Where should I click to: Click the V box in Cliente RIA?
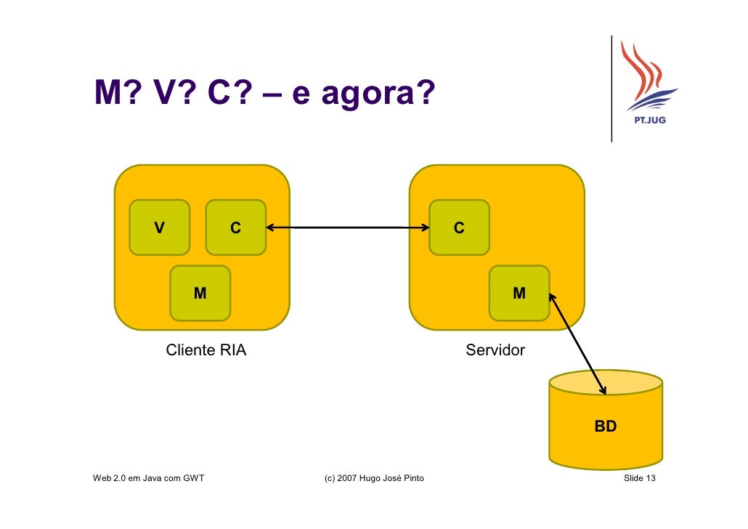point(159,227)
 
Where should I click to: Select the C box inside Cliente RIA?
point(235,227)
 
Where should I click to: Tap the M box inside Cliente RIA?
point(200,293)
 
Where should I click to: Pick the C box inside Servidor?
point(459,227)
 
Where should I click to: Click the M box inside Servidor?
point(519,293)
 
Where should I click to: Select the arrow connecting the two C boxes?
point(347,228)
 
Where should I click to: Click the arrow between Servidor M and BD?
point(577,343)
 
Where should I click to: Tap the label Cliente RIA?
point(206,350)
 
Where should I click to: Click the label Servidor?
point(495,350)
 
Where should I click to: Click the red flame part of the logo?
point(640,69)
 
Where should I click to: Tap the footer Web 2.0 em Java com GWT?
point(149,478)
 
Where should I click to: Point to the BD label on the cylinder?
point(605,427)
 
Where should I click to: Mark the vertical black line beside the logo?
point(611,87)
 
